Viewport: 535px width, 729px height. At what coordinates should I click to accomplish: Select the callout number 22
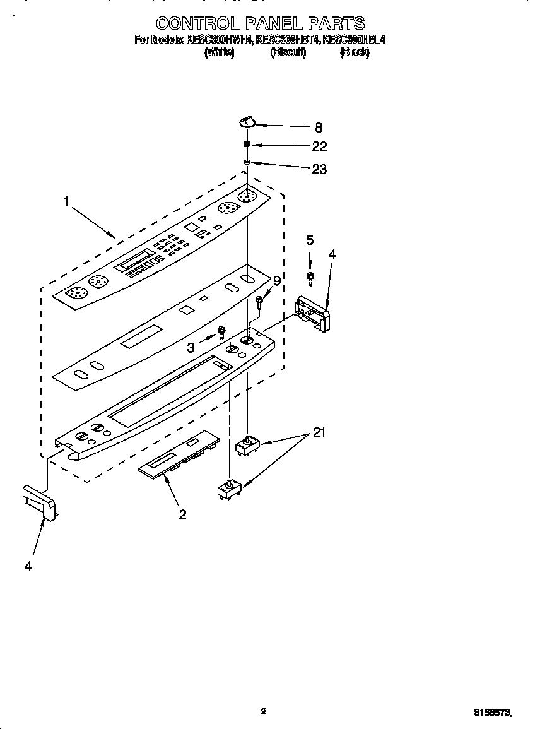(319, 146)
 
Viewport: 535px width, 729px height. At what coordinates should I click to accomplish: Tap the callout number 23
(319, 169)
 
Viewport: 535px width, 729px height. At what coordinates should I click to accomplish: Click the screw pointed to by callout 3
(221, 332)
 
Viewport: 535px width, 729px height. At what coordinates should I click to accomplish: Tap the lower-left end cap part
(39, 502)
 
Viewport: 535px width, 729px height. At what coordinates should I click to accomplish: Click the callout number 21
(319, 433)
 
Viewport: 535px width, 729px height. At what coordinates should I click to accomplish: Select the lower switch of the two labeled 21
(228, 489)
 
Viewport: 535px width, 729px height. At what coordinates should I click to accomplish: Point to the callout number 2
(182, 514)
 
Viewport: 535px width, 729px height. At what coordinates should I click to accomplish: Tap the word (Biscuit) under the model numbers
(288, 53)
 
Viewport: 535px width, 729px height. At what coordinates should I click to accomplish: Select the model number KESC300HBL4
(353, 40)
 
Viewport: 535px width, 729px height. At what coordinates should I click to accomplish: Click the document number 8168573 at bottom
(492, 713)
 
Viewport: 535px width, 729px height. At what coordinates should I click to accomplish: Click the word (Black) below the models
(355, 53)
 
